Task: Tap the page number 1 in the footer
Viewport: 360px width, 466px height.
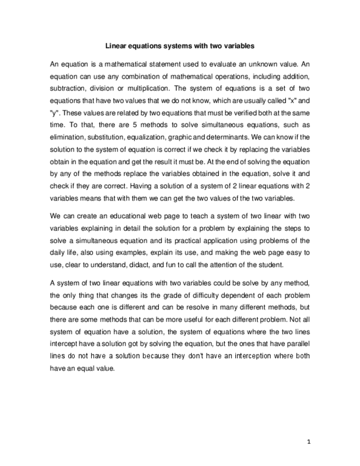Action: coord(309,441)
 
